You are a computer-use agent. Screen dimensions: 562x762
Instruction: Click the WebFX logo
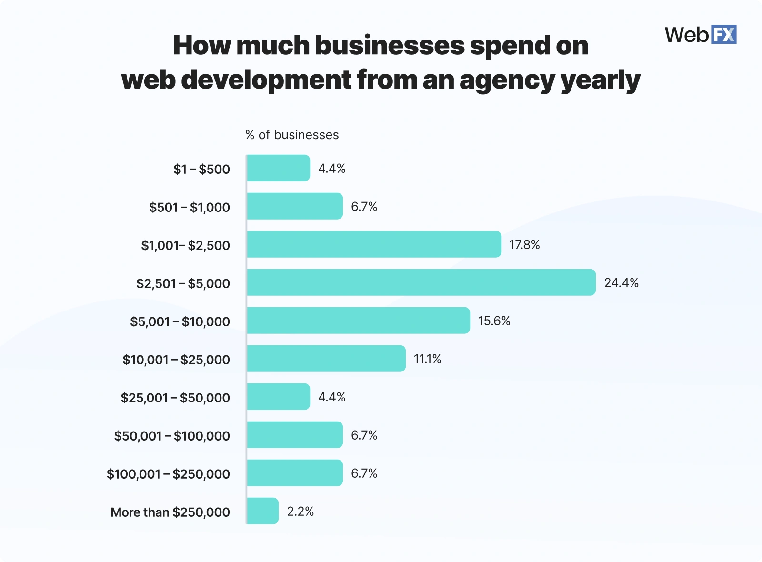pyautogui.click(x=700, y=35)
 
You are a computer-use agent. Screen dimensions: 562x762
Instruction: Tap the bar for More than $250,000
pyautogui.click(x=262, y=511)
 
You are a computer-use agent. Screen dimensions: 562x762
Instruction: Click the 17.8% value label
pyautogui.click(x=524, y=245)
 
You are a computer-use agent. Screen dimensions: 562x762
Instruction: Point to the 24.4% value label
pyautogui.click(x=621, y=283)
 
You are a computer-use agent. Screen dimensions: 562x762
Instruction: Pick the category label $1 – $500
pyautogui.click(x=201, y=169)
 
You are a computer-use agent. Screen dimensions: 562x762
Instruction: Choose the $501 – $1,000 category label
pyautogui.click(x=189, y=207)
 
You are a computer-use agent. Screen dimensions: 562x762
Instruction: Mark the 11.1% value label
pyautogui.click(x=427, y=359)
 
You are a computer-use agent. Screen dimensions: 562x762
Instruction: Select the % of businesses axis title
pyautogui.click(x=292, y=135)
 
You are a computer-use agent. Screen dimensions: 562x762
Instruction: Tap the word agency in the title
pyautogui.click(x=507, y=80)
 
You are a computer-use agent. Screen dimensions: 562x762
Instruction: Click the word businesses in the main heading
pyautogui.click(x=390, y=45)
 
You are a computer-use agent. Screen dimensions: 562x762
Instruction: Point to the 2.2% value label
pyautogui.click(x=300, y=512)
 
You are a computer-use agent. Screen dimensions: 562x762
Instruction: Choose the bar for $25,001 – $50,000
pyautogui.click(x=278, y=397)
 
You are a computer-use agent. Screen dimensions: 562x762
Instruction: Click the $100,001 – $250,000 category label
pyautogui.click(x=168, y=474)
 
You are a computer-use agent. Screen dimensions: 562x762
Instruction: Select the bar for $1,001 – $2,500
pyautogui.click(x=374, y=244)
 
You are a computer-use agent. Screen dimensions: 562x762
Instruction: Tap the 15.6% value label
pyautogui.click(x=494, y=321)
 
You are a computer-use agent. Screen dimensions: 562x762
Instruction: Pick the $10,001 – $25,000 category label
pyautogui.click(x=176, y=360)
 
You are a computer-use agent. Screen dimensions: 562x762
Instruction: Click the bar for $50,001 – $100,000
pyautogui.click(x=294, y=435)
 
